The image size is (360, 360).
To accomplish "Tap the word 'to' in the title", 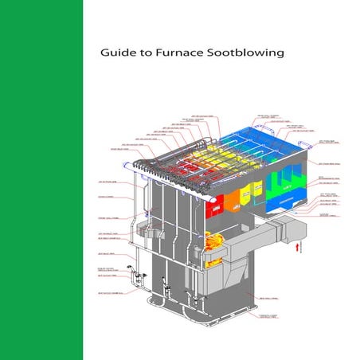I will pos(144,55).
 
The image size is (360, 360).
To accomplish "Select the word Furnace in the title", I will pos(176,55).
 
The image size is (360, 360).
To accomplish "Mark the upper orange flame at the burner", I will pos(214,238).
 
